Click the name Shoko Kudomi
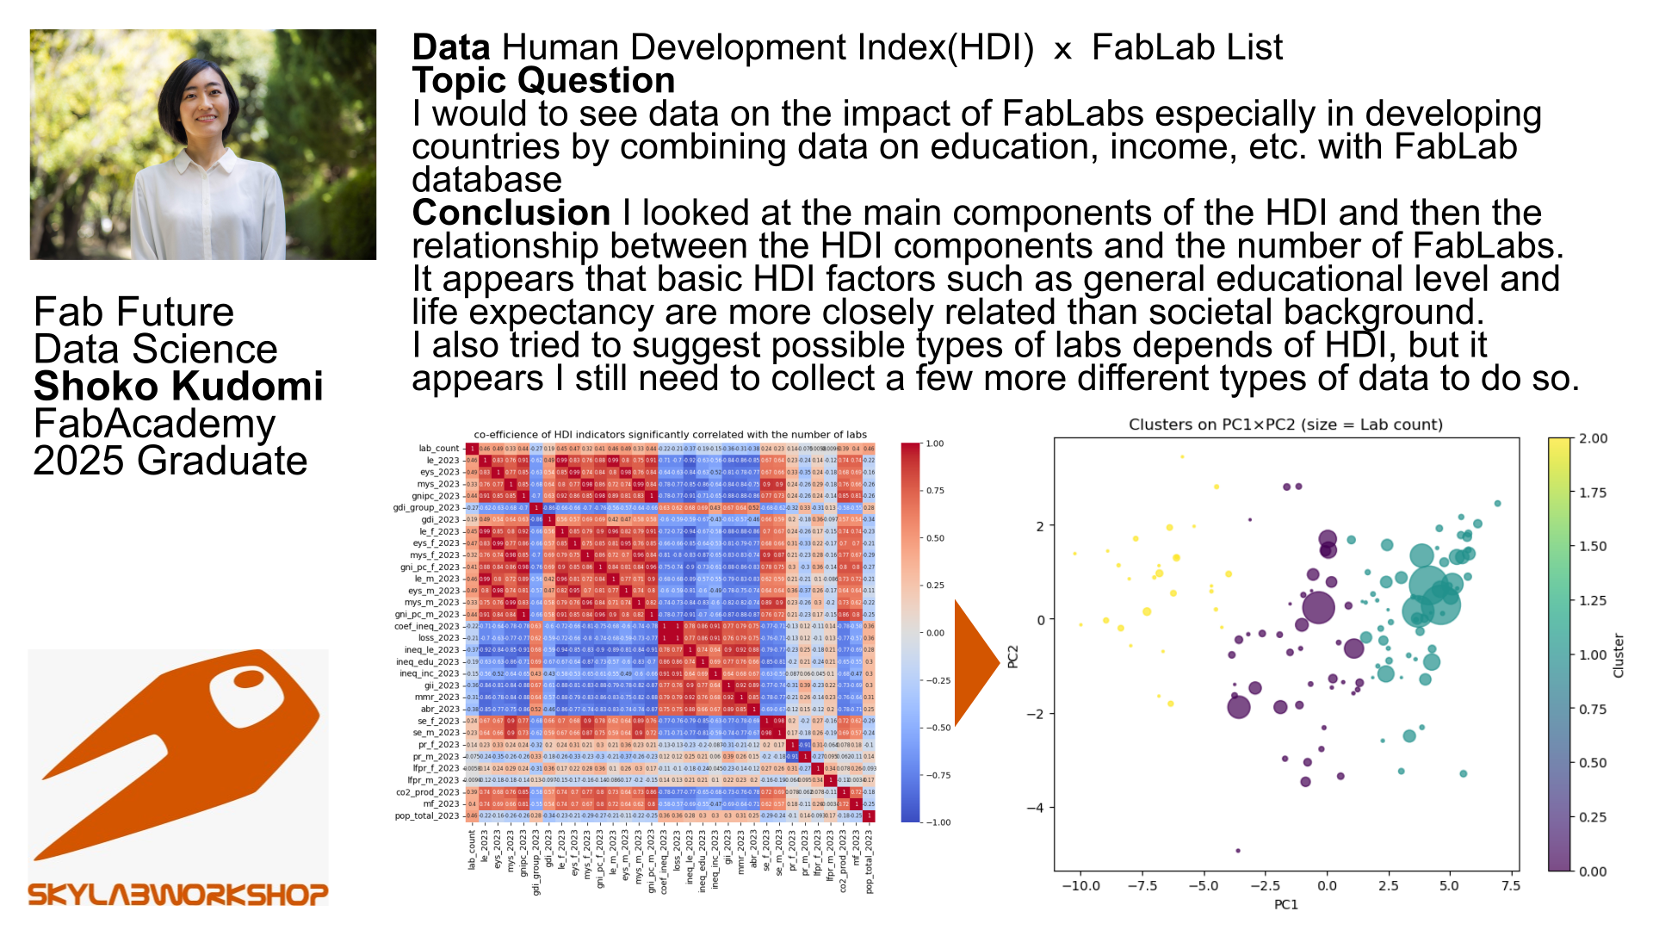178,387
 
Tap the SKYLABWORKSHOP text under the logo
178,895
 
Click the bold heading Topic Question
543,80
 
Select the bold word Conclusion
511,213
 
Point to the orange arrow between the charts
976,662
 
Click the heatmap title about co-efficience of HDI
670,435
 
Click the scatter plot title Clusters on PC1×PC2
1285,425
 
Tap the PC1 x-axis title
1285,904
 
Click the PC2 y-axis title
1013,656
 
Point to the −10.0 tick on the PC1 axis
1080,885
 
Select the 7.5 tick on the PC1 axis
1511,885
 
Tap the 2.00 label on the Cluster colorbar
1593,438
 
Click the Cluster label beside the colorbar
1619,655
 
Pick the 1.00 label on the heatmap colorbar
934,443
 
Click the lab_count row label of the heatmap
439,449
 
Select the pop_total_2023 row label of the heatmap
427,815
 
